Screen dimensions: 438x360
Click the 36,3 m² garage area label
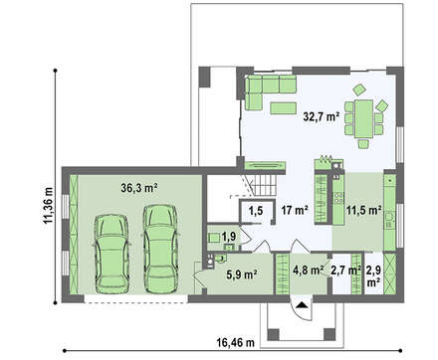[x=139, y=188]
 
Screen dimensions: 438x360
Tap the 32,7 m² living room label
[x=322, y=116]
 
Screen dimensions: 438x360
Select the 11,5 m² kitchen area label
[x=363, y=210]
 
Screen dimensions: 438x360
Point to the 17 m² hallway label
[x=295, y=210]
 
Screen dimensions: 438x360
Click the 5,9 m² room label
[x=242, y=274]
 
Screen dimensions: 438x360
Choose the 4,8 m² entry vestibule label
[x=309, y=270]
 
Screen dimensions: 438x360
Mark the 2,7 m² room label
[x=346, y=270]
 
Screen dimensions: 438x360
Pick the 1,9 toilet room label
[x=229, y=237]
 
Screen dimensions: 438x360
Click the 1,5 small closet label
[x=256, y=210]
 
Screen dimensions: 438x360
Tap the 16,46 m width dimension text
[x=236, y=342]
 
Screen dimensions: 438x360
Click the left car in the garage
[x=111, y=255]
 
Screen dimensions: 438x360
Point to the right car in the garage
[x=160, y=249]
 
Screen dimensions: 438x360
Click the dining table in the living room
[x=363, y=119]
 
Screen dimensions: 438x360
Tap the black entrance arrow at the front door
[x=302, y=305]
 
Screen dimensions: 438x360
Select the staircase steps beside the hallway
[x=265, y=185]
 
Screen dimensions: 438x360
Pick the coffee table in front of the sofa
[x=283, y=108]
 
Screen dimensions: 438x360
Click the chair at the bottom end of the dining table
[x=363, y=144]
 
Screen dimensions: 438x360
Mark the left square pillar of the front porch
[x=273, y=334]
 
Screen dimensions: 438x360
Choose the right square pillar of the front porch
[x=329, y=334]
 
